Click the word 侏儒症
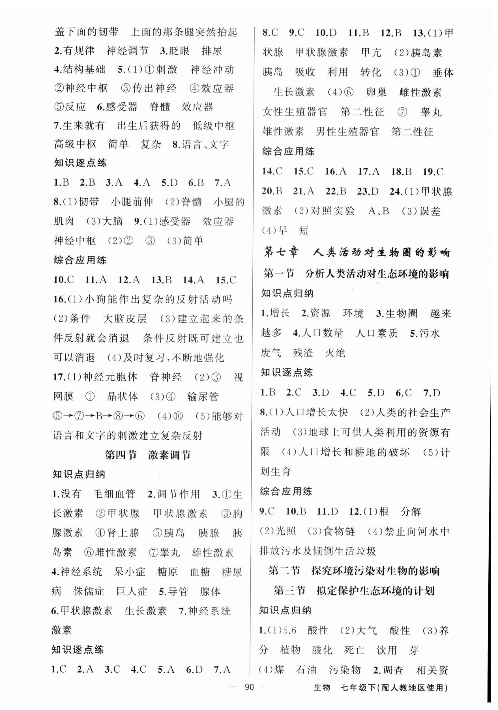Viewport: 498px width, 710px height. pos(89,591)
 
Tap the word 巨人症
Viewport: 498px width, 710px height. pos(132,591)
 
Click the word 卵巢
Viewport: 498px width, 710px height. pos(376,92)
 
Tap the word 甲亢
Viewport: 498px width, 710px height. pos(371,52)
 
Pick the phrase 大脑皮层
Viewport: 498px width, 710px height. pos(125,319)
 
